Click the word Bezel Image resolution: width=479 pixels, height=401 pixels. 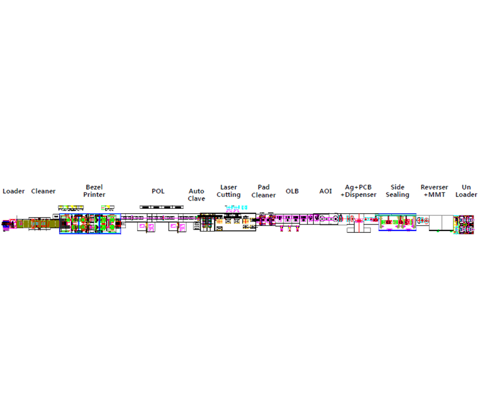94,187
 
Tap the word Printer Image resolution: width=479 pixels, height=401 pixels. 94,195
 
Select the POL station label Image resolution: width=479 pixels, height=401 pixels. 158,191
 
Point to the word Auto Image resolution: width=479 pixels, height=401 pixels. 196,191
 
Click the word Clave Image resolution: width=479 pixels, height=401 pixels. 196,199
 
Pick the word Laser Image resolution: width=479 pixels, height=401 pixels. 228,187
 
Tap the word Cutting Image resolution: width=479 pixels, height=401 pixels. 228,195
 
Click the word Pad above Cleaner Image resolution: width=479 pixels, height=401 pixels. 263,187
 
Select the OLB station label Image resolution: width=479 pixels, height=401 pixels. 292,191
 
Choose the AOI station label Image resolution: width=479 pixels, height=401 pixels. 326,191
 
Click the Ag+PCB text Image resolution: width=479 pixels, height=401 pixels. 358,187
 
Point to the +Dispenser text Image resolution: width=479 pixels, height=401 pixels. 358,195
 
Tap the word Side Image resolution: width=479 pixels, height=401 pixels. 398,187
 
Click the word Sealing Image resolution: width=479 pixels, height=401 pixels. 398,195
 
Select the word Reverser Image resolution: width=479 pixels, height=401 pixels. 434,187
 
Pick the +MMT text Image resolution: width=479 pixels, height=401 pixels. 434,195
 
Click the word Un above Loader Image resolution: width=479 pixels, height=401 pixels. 466,187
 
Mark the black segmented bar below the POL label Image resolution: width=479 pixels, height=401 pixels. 161,207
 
